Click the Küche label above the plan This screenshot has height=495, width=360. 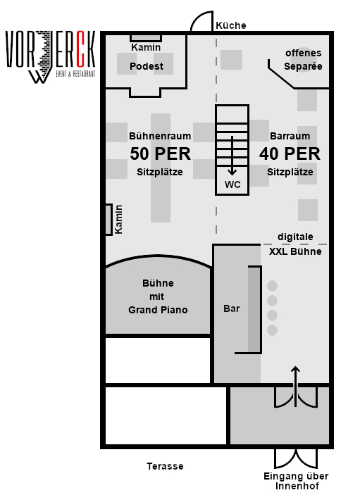231,25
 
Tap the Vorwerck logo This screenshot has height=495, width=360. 51,57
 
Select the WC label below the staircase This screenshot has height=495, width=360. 232,184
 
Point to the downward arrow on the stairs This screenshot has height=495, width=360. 232,156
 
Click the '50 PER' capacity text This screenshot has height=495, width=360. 161,153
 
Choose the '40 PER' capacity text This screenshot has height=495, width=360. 290,153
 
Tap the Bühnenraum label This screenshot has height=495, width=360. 160,136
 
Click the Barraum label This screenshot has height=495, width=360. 290,136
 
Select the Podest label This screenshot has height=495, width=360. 147,66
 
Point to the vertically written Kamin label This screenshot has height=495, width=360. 118,220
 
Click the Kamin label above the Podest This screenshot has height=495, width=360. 146,47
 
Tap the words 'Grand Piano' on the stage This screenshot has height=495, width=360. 158,310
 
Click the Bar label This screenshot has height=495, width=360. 232,308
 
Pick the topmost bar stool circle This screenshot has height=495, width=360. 272,286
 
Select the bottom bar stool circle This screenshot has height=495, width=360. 272,330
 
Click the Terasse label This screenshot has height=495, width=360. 165,466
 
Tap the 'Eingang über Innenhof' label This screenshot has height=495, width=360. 296,481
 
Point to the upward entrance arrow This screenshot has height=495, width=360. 295,387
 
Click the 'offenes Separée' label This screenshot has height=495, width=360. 303,60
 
